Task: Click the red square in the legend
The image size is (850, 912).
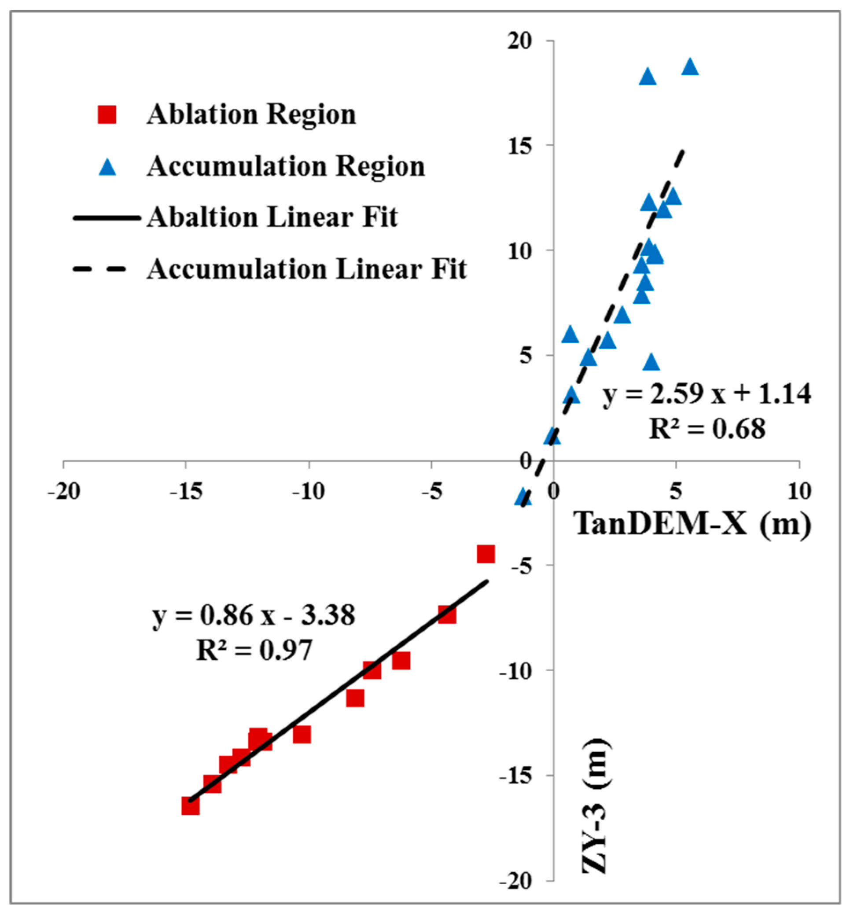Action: click(x=107, y=114)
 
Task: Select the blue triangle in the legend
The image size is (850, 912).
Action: click(x=107, y=167)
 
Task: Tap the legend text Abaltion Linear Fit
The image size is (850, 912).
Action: click(x=272, y=217)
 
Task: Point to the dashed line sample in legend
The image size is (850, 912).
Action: click(x=99, y=269)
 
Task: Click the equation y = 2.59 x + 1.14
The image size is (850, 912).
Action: click(x=706, y=393)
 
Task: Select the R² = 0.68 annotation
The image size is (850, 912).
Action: click(x=706, y=429)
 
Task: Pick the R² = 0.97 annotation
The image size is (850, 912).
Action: click(x=254, y=650)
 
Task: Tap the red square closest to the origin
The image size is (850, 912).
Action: click(x=486, y=554)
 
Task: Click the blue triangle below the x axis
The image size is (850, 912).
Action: click(x=523, y=497)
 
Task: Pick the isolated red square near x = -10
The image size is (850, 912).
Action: click(x=302, y=734)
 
